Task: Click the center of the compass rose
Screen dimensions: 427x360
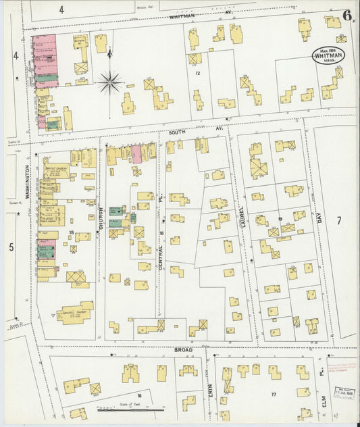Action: (x=109, y=82)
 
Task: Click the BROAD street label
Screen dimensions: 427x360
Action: (x=183, y=349)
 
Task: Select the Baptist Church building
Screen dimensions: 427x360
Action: (x=56, y=172)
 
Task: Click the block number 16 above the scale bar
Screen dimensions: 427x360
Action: (x=139, y=395)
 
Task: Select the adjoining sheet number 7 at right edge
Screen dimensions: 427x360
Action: (x=340, y=220)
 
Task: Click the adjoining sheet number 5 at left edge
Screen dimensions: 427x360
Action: (x=11, y=247)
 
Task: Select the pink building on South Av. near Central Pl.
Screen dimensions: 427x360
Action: (x=136, y=153)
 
